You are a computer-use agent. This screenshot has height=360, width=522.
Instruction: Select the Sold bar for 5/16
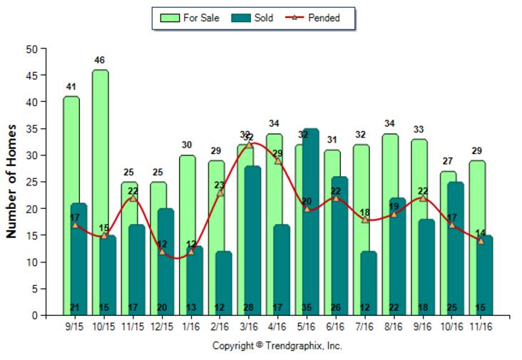coord(310,214)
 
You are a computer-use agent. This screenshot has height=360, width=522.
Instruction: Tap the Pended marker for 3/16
coord(249,145)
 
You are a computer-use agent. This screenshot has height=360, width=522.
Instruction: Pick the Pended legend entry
coord(314,18)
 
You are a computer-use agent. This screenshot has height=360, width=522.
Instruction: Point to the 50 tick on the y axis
coord(31,49)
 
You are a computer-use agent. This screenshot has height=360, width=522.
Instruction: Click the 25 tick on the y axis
coord(31,182)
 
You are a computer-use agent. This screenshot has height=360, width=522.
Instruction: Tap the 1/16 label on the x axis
coord(191,326)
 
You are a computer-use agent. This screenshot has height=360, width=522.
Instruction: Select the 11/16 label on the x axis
coord(481,326)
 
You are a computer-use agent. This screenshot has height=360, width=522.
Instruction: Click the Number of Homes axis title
coord(11,182)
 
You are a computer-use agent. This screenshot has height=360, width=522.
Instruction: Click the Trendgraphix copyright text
coord(277,346)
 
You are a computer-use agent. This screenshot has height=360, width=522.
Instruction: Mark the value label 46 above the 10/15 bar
coord(100,60)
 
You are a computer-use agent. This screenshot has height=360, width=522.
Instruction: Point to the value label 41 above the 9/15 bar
coord(71,87)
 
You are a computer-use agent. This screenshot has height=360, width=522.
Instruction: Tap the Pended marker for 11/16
coord(481,241)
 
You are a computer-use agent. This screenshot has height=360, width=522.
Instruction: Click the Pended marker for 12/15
coord(162,252)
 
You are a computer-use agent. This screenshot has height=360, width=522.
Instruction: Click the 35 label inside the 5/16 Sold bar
coord(310,307)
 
